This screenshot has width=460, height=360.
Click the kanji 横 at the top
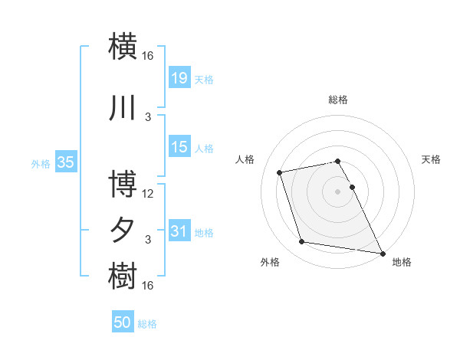(x=124, y=45)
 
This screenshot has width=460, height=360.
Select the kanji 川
(x=124, y=110)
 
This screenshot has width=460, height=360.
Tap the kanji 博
(x=124, y=186)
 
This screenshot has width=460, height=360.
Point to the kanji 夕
(x=124, y=231)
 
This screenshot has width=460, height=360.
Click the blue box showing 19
(x=179, y=78)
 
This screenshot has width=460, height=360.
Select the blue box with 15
(x=179, y=147)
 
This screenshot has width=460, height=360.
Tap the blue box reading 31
(x=179, y=231)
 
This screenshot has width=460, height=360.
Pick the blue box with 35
(x=66, y=162)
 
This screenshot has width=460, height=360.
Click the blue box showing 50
(x=123, y=322)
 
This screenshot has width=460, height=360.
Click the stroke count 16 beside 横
(x=148, y=55)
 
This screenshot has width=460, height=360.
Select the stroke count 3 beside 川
(x=148, y=117)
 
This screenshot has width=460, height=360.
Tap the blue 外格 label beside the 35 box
(x=41, y=163)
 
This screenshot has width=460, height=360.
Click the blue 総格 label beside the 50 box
(x=147, y=324)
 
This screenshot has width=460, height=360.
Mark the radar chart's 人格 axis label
(x=245, y=159)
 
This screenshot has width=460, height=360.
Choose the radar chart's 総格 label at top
(x=337, y=100)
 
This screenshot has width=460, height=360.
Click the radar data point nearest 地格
(x=382, y=252)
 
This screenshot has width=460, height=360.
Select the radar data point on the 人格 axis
(x=280, y=172)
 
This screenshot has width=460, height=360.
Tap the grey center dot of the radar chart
(x=337, y=191)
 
